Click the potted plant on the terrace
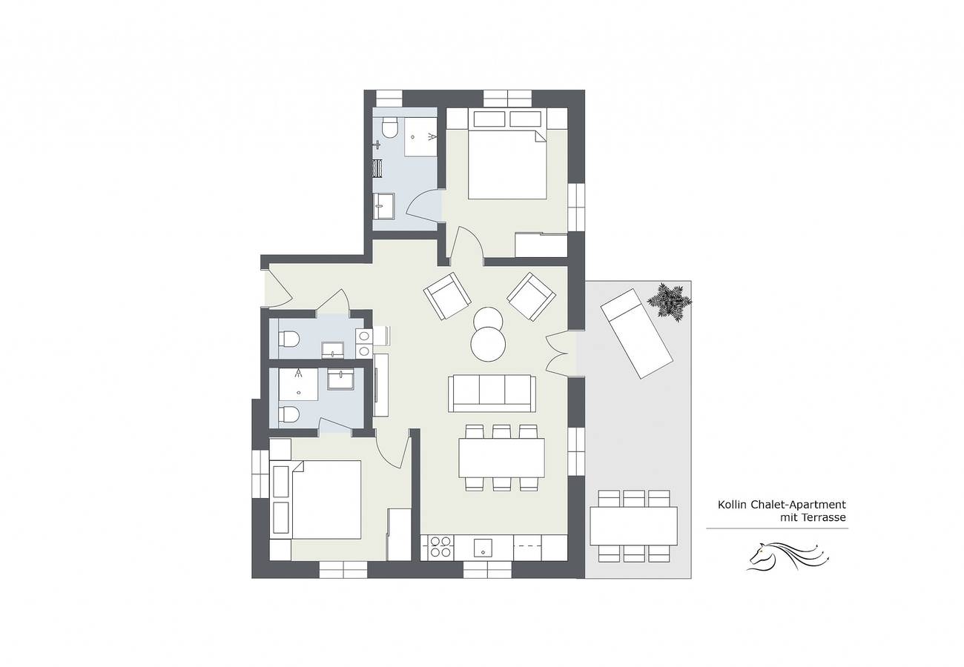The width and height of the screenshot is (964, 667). coord(669,302)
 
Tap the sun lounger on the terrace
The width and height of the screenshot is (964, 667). coord(636,333)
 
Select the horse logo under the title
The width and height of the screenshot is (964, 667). coord(786,556)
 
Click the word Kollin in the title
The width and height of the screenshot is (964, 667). coord(732,505)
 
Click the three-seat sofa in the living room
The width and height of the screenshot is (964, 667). coord(492,393)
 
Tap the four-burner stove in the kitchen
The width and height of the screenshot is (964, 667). coord(440,547)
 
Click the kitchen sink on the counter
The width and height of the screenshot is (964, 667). coord(483,548)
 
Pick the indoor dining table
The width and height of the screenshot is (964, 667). coord(501,457)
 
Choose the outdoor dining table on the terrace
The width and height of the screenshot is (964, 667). coord(633,525)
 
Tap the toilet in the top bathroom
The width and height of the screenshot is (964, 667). coord(389,130)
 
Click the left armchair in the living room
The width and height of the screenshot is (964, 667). coord(447,296)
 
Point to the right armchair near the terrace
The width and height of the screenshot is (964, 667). coord(531,296)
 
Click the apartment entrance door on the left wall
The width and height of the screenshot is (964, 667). coord(276,288)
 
